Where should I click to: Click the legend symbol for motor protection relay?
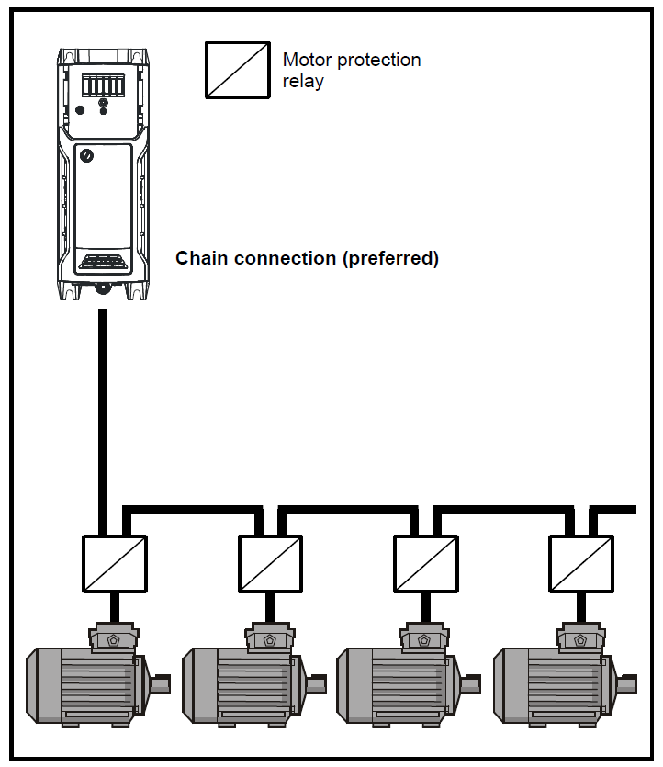pos(238,70)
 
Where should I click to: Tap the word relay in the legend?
pos(303,81)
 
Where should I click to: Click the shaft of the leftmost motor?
pos(161,684)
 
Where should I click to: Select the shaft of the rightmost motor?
pos(627,684)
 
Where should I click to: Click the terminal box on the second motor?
pos(270,637)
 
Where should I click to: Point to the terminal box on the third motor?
pos(425,637)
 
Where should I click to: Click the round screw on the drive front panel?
pos(86,155)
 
